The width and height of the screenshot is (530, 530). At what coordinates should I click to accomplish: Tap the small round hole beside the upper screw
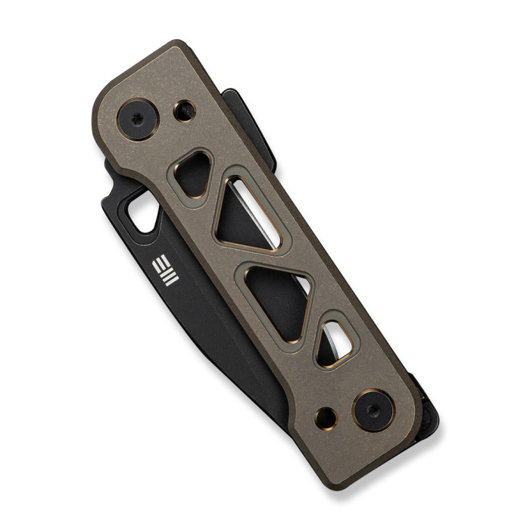(x=184, y=111)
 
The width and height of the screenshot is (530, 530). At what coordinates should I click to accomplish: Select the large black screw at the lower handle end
(x=373, y=410)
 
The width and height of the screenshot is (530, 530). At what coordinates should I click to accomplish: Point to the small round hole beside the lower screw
(x=326, y=417)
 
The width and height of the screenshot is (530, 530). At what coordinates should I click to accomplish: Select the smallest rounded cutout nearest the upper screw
(x=193, y=173)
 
